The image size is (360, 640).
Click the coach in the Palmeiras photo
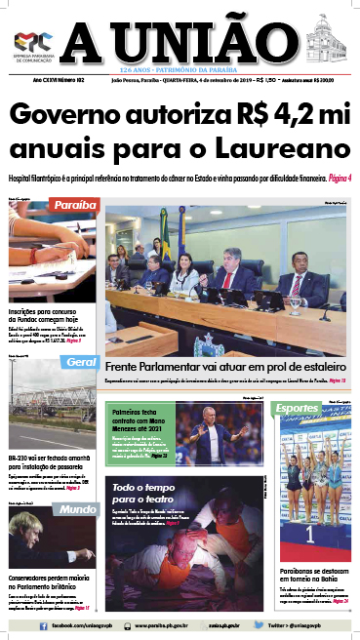214,429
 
